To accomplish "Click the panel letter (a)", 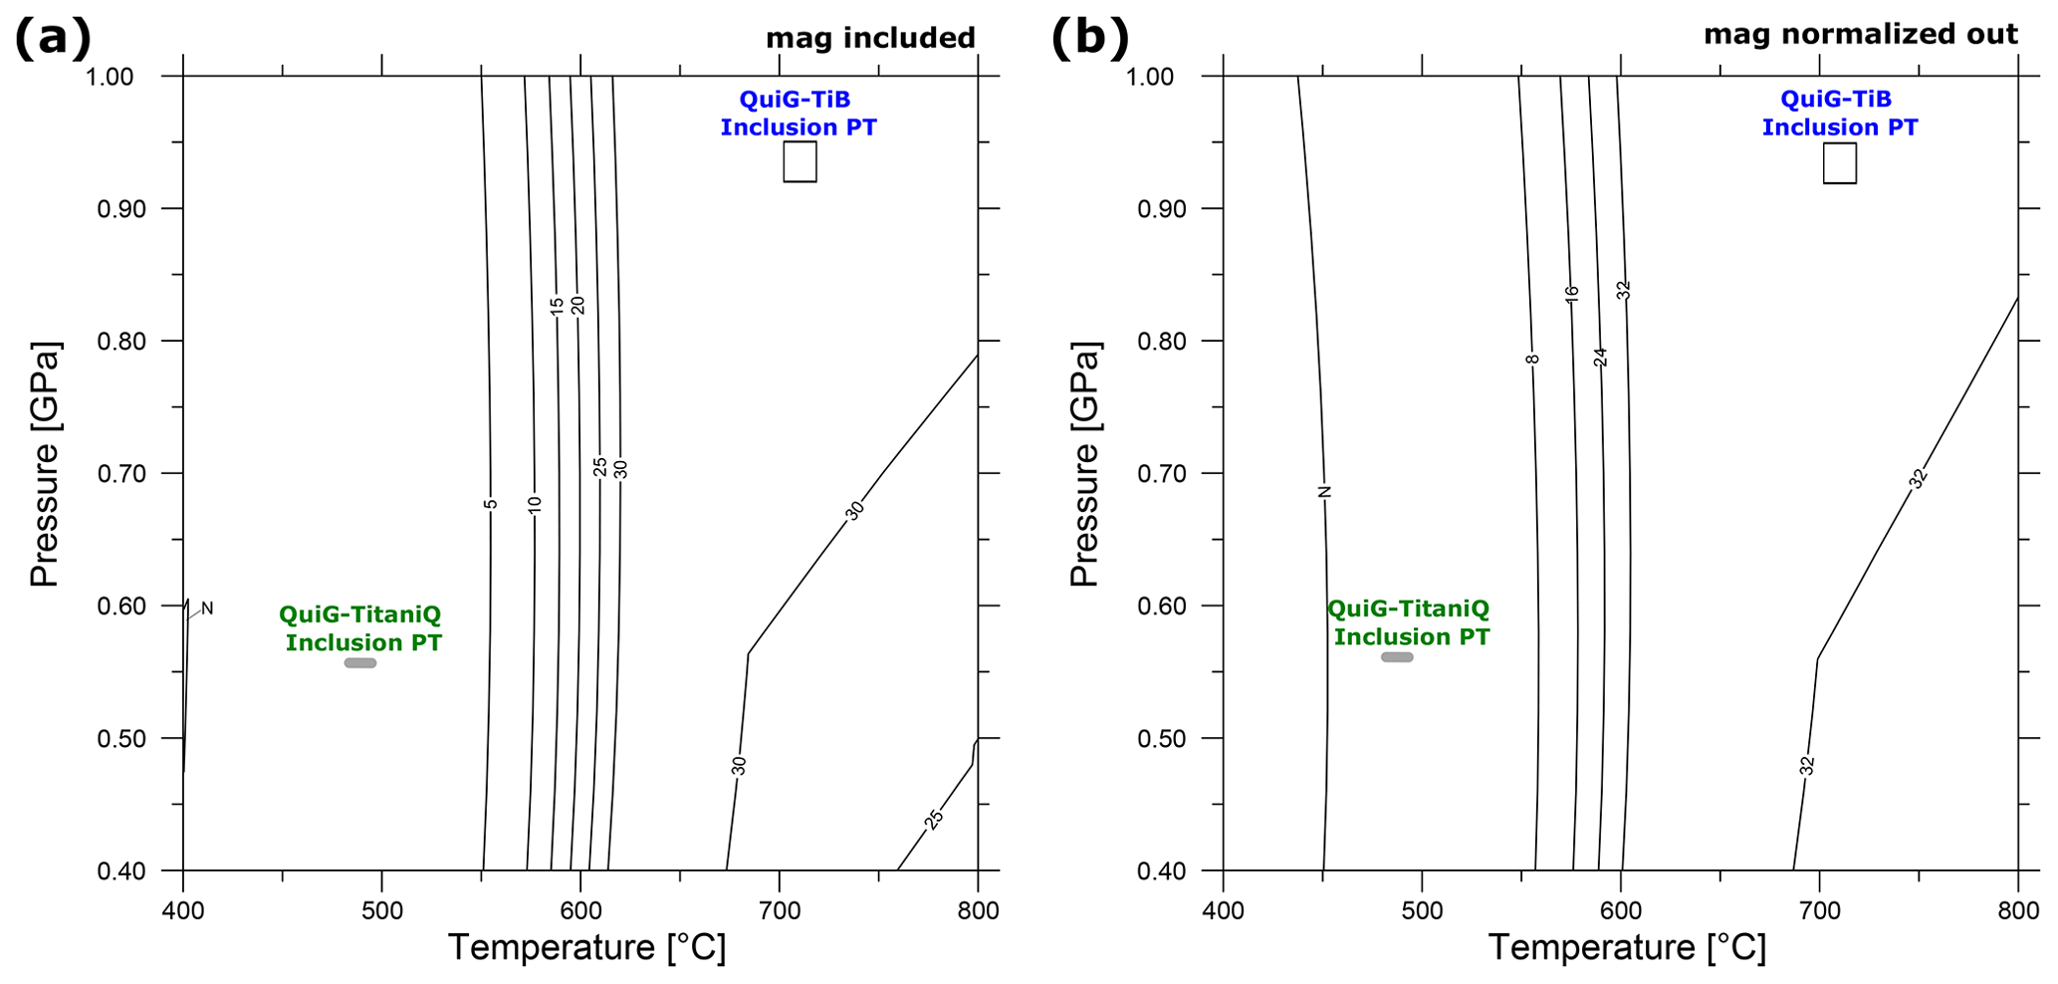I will (52, 39).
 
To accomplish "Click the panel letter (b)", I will (1090, 39).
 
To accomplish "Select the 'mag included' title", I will (870, 38).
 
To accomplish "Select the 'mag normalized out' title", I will (1860, 34).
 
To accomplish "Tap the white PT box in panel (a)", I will (800, 161).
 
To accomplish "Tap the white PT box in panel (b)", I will (1839, 163).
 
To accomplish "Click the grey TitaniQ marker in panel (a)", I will (359, 663).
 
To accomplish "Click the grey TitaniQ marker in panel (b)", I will (1397, 657).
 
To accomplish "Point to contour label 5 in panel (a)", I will (491, 504).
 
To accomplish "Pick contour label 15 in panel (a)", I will (558, 305).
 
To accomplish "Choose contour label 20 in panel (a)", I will (577, 305).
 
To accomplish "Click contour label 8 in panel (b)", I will (1532, 359).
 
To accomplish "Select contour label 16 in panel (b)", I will (1571, 294).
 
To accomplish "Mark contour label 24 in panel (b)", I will (1601, 357).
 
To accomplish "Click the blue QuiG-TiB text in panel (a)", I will (799, 114).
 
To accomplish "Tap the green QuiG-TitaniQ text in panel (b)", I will (1409, 622).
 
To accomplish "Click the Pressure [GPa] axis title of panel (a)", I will (45, 464).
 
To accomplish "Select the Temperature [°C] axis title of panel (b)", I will (1627, 947).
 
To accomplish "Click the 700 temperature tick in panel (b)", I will (1819, 910).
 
